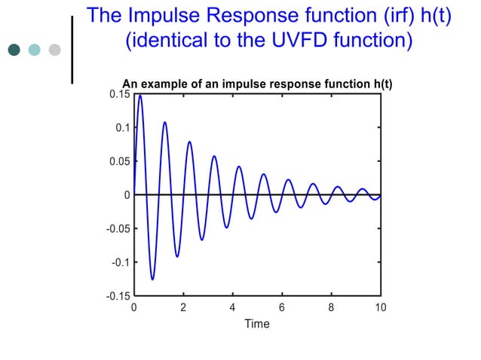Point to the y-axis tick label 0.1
(122, 128)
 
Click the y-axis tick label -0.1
(120, 262)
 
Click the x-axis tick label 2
(183, 307)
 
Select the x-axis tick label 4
(232, 307)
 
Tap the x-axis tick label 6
(282, 307)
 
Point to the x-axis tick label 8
(331, 307)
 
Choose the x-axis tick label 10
(381, 307)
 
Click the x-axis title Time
(256, 324)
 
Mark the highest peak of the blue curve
(140, 95)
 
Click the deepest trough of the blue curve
(152, 279)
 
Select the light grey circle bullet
(54, 50)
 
